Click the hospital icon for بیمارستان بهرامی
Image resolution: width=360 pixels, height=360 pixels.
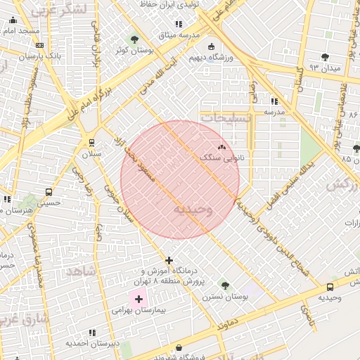pyautogui.click(x=139, y=299)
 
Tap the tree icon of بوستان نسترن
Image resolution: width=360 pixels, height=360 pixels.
pyautogui.click(x=224, y=285)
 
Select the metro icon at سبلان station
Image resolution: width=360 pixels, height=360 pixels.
pyautogui.click(x=91, y=143)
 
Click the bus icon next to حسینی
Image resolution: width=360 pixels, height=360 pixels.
pyautogui.click(x=49, y=192)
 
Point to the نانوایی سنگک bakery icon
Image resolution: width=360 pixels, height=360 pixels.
pyautogui.click(x=222, y=148)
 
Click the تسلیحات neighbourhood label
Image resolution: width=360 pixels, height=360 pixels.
pyautogui.click(x=226, y=120)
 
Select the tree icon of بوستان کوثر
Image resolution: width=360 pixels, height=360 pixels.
pyautogui.click(x=134, y=39)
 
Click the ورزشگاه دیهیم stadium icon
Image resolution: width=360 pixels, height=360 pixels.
pyautogui.click(x=211, y=46)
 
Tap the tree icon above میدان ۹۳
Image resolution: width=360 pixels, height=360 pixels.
pyautogui.click(x=324, y=57)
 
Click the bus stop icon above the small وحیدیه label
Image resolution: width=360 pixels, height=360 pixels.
pyautogui.click(x=330, y=287)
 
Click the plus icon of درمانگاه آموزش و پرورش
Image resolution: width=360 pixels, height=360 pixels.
pyautogui.click(x=168, y=260)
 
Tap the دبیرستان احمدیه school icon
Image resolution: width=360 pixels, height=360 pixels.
pyautogui.click(x=92, y=333)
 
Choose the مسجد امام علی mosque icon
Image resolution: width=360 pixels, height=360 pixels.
pyautogui.click(x=13, y=21)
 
